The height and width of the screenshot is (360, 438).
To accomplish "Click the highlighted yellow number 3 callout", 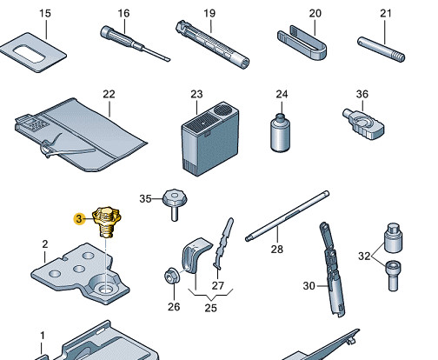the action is coord(79,218).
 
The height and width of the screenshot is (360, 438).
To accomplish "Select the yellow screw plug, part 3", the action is coord(107,222).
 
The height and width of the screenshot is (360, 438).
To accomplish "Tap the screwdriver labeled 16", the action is coord(135,43).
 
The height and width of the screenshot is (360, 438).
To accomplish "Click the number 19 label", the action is coord(209,13).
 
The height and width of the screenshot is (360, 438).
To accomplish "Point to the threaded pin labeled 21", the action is coord(381,50).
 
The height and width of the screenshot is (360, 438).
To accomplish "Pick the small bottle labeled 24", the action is coord(280,133).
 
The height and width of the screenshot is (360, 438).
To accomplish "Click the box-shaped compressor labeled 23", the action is coord(210,138).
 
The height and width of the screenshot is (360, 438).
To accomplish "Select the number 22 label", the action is coord(109,94).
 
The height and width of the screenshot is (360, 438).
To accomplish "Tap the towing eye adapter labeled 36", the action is coord(363,124).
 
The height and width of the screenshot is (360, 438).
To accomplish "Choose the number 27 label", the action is coord(218,286).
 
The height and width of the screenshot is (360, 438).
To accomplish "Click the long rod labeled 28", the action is coord(288,216).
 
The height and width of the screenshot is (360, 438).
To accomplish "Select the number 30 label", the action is coord(309,286).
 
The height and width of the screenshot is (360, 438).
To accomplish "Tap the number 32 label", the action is coord(364,256).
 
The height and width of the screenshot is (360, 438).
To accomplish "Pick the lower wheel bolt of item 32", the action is coord(394,276).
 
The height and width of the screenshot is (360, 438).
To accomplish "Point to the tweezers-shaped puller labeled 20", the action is coord(303,43).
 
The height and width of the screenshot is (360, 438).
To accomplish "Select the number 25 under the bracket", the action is coord(210,308).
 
